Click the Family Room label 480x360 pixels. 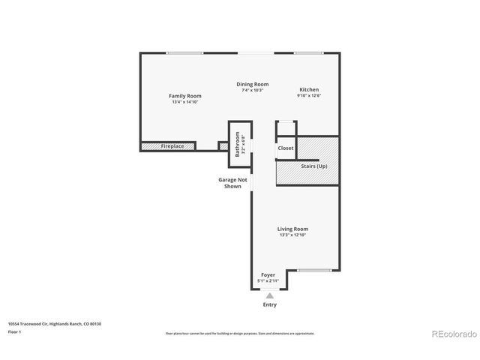[x=184, y=96]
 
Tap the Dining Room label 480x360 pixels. [x=252, y=84]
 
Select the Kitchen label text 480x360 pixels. [x=309, y=89]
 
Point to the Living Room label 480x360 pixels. [x=292, y=229]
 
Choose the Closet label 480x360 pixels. [x=286, y=148]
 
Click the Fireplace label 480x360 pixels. [x=172, y=146]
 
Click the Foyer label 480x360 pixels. [x=268, y=275]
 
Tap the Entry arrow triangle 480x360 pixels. [x=269, y=295]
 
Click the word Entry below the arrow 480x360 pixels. [x=269, y=304]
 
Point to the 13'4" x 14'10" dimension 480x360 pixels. [x=184, y=102]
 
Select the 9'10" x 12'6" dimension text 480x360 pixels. [x=309, y=95]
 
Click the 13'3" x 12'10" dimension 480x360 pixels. [x=292, y=235]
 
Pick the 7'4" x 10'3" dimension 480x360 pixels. [x=252, y=90]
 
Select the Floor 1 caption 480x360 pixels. [x=14, y=331]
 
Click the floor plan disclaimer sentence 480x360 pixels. [x=239, y=333]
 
